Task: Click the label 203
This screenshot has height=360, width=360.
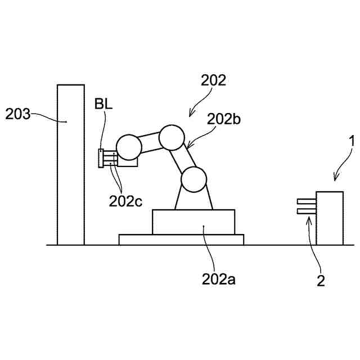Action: (17, 115)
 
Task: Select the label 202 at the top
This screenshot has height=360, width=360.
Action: (213, 80)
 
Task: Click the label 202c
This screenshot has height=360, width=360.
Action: (125, 201)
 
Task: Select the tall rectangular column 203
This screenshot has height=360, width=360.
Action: (70, 165)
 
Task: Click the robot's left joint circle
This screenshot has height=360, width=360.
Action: (128, 147)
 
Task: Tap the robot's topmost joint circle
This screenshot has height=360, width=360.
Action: (172, 137)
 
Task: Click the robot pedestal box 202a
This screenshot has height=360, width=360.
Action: (193, 222)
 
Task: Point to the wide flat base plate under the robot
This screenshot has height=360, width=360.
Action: (181, 240)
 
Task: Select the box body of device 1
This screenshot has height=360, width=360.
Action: (330, 218)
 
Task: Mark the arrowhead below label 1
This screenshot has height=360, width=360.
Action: (335, 179)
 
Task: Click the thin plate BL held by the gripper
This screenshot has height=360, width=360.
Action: (100, 158)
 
